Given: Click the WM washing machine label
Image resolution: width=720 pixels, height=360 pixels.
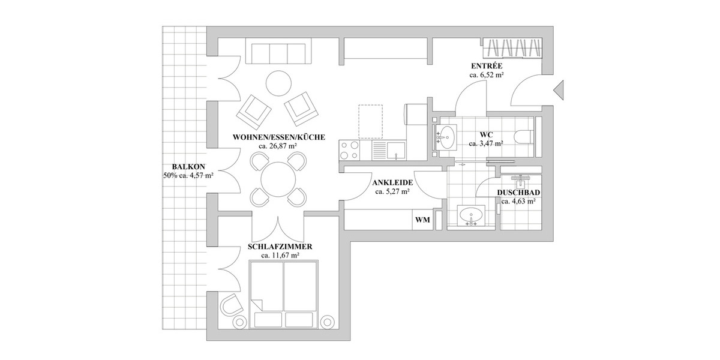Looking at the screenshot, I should click(x=422, y=220).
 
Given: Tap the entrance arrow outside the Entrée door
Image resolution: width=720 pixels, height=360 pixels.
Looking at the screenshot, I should click(x=559, y=91).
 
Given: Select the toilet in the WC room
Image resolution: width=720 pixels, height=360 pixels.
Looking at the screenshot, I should click(x=523, y=136).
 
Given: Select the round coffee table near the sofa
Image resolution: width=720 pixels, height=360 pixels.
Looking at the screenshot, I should click(x=278, y=83).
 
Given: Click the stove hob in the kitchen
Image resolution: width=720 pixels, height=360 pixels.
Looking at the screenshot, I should click(x=349, y=149).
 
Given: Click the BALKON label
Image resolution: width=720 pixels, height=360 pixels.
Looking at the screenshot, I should click(x=188, y=167).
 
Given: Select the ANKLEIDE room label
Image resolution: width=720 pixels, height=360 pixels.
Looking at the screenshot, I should click(x=392, y=182).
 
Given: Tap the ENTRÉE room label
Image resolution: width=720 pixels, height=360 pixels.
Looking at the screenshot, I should click(x=486, y=66).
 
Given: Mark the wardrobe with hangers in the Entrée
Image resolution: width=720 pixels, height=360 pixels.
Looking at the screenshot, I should click(x=514, y=48).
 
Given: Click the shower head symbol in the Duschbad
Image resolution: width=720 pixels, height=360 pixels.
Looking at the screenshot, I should click(x=519, y=179).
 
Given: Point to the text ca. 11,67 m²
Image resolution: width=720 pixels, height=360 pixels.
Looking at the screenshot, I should click(x=280, y=255).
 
